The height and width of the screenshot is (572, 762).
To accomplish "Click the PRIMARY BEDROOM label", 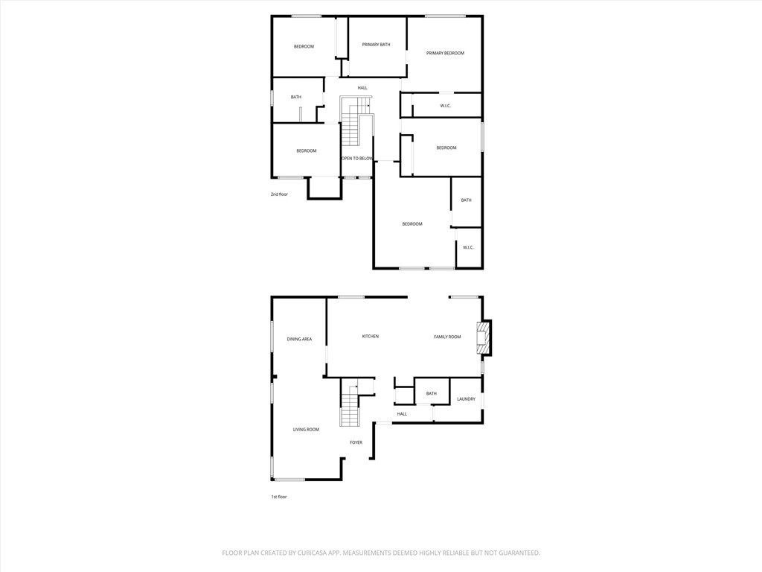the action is (445, 53).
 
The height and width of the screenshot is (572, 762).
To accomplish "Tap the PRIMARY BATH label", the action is (376, 45).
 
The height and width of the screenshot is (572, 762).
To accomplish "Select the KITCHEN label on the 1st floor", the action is (371, 336).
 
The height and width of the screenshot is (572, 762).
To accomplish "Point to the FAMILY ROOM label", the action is (447, 337).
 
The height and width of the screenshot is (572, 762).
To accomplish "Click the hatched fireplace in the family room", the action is (482, 337).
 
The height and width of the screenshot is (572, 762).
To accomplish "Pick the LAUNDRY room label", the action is (466, 399).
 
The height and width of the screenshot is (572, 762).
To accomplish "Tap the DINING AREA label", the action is (299, 339).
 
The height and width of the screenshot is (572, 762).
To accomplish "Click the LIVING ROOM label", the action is (306, 430).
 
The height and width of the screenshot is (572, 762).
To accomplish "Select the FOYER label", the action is (356, 442).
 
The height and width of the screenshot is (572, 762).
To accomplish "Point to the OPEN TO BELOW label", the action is (357, 159).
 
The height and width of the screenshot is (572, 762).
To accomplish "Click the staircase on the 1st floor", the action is (350, 403).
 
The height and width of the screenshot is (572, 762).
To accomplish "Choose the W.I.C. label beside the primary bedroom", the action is (446, 106).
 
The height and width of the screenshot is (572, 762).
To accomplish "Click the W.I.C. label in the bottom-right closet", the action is (468, 247).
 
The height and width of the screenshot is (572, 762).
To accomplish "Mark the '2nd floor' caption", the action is (280, 194).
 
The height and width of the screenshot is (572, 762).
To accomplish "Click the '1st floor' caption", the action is (279, 497).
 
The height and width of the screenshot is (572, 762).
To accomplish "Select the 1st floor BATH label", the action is (432, 393).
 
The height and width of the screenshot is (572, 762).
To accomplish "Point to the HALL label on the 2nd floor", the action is (362, 88).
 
